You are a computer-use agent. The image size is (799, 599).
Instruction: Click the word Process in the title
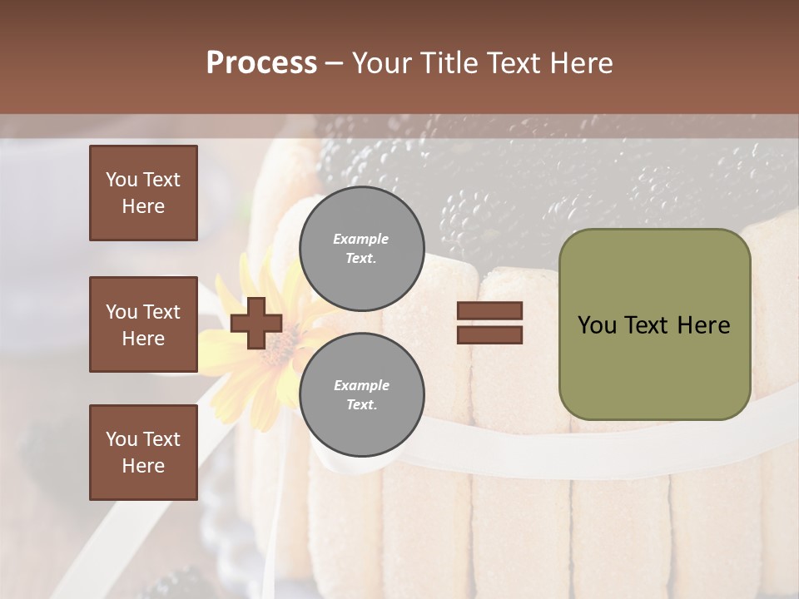click(261, 63)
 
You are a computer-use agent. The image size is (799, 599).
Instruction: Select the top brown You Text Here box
click(143, 193)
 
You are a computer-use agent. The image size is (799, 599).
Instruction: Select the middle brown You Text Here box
click(143, 324)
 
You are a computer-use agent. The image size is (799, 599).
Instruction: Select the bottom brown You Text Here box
click(143, 453)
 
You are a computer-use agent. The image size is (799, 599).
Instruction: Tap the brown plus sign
click(256, 324)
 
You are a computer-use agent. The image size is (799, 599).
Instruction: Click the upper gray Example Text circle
click(361, 248)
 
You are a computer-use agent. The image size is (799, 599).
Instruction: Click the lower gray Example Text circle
click(361, 394)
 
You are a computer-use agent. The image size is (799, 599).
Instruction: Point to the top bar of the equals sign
click(489, 311)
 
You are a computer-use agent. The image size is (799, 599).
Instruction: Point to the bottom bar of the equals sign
click(489, 334)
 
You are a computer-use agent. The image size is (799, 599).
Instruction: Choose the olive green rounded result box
click(654, 324)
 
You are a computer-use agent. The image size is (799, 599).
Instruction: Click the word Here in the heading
click(578, 63)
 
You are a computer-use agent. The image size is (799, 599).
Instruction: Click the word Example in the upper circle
click(361, 239)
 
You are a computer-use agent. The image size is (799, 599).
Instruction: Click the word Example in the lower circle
click(361, 385)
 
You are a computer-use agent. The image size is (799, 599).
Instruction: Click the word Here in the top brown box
click(143, 206)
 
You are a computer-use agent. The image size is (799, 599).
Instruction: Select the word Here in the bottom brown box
click(143, 466)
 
